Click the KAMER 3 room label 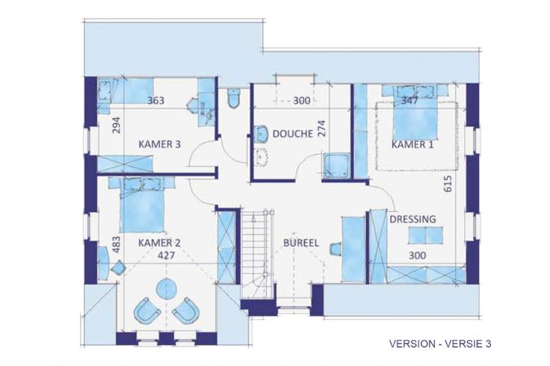point(160,144)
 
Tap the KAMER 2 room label point(160,243)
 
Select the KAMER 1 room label point(412,144)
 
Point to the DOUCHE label point(292,134)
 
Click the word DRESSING point(412,219)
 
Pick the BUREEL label point(301,243)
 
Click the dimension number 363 point(155,101)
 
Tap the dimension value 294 point(117,125)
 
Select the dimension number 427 point(166,255)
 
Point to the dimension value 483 point(117,244)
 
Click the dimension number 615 point(448,184)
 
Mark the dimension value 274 point(322,128)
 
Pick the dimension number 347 point(410,101)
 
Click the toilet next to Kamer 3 point(234,97)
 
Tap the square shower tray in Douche point(336,165)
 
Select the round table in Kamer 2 point(166,288)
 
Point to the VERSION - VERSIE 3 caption point(440,344)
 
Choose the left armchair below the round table point(147,310)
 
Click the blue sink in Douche point(260,134)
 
